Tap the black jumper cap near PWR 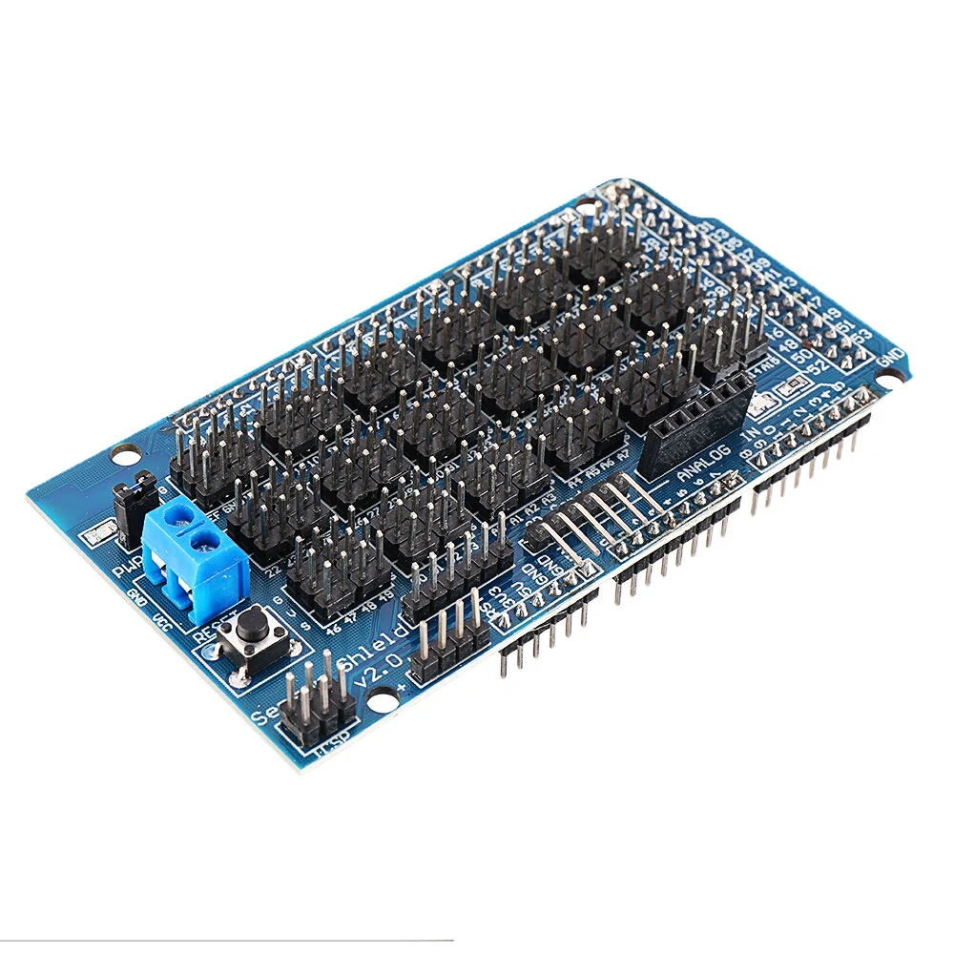click(136, 496)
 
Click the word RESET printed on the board click(207, 633)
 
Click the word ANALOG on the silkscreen click(705, 459)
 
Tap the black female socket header click(695, 423)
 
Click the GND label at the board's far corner click(893, 360)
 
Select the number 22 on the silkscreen click(274, 570)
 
